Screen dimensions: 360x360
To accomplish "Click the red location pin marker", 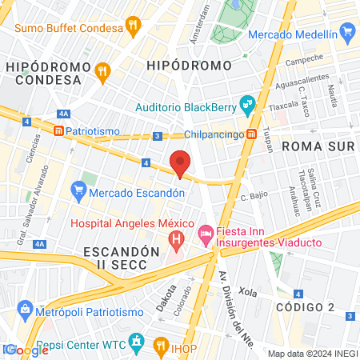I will coord(180,163).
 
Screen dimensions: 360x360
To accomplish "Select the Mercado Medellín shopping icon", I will coord(346,33).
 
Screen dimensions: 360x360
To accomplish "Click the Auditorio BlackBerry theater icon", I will coord(248,102).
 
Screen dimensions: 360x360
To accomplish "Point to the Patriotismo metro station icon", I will coord(58,131).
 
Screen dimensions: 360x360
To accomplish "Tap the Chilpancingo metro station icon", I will coord(251,134).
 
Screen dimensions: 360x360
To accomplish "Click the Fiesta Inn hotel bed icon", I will coord(204,233).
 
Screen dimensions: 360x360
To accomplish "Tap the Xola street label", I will coord(246,294).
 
